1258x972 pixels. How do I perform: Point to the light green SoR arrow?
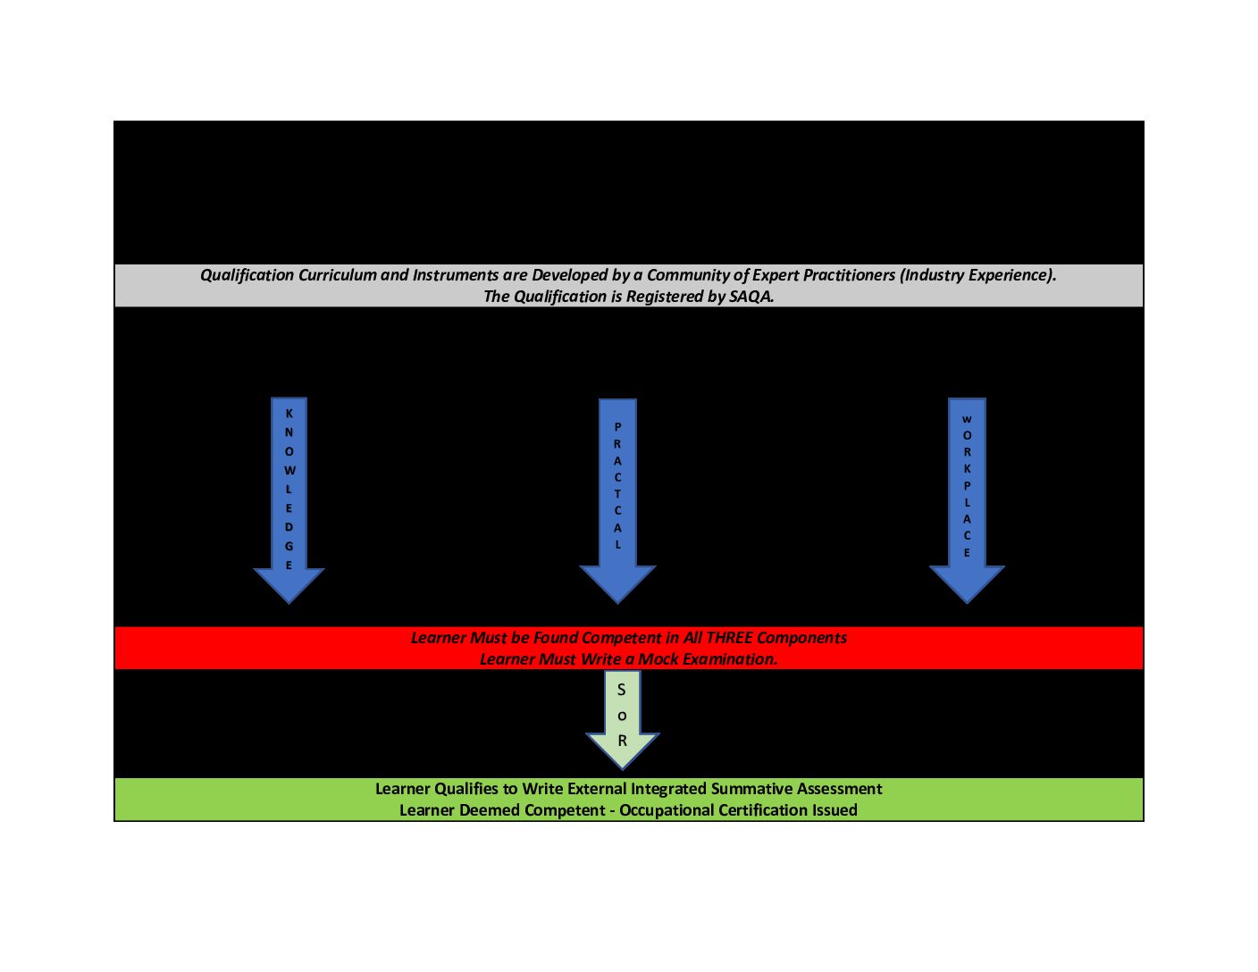622,719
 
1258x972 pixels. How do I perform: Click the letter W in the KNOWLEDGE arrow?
289,470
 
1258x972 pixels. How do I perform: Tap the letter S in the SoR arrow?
621,690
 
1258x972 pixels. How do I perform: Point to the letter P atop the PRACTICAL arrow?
617,427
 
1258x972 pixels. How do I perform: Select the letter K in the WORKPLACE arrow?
967,468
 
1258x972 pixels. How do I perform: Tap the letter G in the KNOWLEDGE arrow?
289,546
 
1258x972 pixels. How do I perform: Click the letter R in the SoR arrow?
623,741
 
